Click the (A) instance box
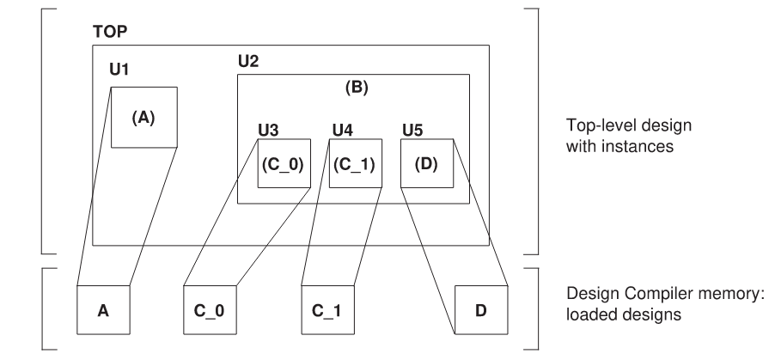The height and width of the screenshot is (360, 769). tap(143, 117)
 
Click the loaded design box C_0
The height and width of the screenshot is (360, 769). tap(210, 308)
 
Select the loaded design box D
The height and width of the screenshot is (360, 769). tap(480, 308)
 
